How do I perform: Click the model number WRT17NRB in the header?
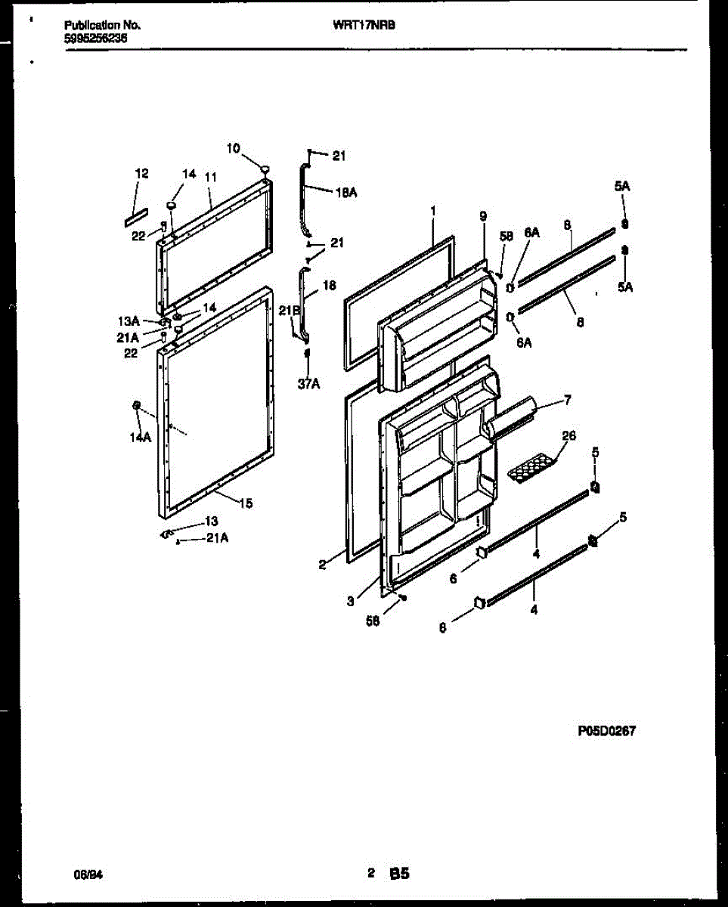pyautogui.click(x=364, y=24)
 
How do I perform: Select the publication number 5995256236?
pyautogui.click(x=95, y=36)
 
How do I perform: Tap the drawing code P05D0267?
pyautogui.click(x=606, y=731)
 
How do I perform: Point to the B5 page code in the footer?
pyautogui.click(x=400, y=874)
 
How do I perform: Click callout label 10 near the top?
pyautogui.click(x=233, y=149)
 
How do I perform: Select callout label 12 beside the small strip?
pyautogui.click(x=141, y=174)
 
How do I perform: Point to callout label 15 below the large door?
pyautogui.click(x=246, y=503)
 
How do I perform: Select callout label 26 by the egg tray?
pyautogui.click(x=568, y=435)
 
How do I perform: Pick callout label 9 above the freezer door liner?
pyautogui.click(x=483, y=216)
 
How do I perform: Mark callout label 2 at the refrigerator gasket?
pyautogui.click(x=322, y=564)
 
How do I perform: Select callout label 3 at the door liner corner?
pyautogui.click(x=350, y=602)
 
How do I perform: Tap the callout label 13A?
pyautogui.click(x=128, y=321)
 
